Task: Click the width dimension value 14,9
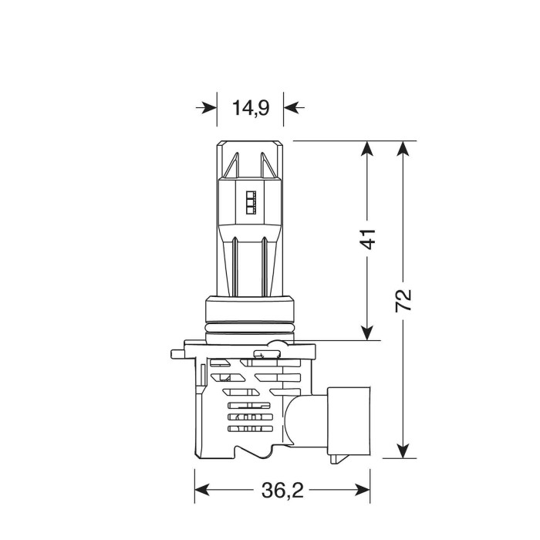(251, 108)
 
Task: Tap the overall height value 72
(403, 299)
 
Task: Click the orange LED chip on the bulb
(251, 201)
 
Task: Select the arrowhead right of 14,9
(292, 107)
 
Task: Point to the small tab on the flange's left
(176, 355)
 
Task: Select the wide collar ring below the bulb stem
(251, 312)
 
